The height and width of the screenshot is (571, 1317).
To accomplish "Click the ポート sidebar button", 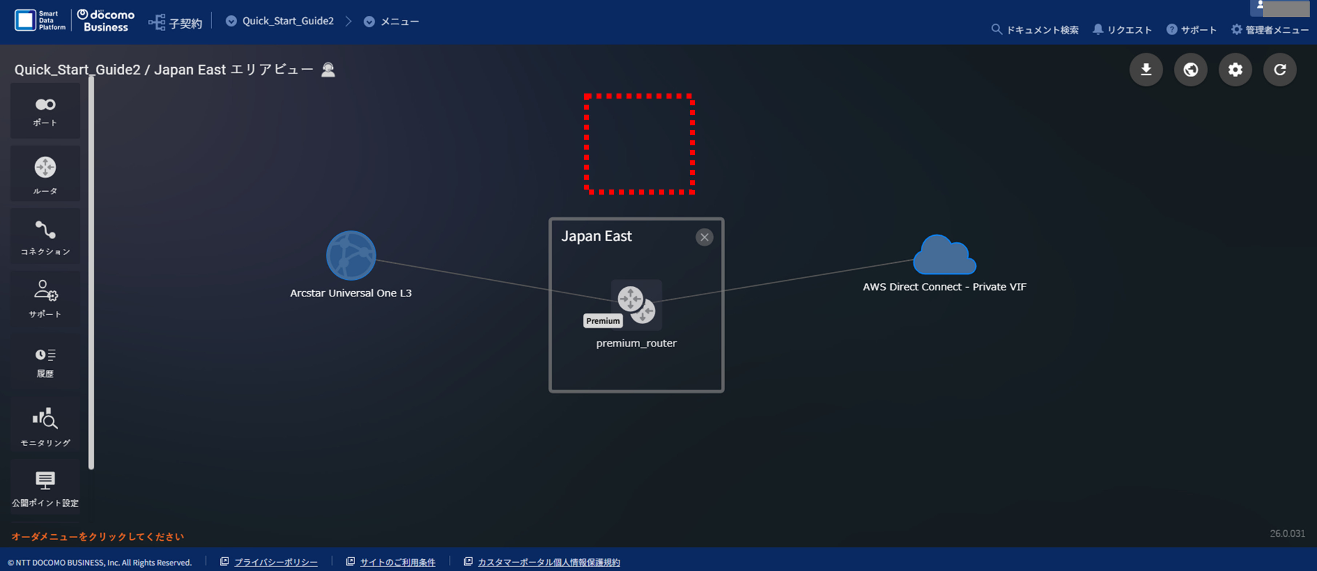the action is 45,111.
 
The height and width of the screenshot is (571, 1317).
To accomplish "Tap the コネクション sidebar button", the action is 45,236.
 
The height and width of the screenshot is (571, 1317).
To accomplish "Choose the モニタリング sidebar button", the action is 45,425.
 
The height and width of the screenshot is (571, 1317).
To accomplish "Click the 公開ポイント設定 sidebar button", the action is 45,488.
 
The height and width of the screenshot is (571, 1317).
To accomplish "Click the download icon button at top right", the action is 1146,69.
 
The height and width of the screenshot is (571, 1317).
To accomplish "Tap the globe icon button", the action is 1190,69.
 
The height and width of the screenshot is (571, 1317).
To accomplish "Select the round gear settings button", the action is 1235,69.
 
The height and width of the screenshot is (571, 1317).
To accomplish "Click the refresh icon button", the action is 1280,69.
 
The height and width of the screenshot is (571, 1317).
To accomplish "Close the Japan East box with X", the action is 704,237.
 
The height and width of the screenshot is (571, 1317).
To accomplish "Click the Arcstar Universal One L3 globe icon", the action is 351,256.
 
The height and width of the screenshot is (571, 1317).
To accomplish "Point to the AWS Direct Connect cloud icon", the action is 944,255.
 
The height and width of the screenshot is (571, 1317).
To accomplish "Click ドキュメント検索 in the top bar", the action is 1035,30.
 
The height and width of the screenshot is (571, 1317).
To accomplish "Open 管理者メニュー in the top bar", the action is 1270,30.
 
